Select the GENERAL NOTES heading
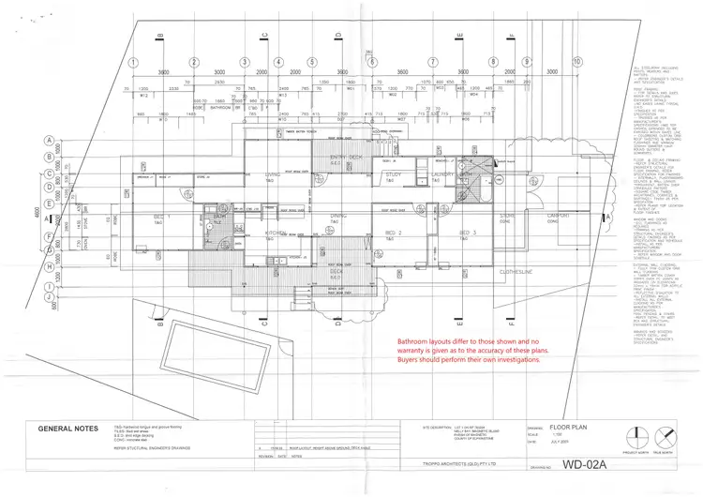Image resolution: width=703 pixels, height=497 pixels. click(x=65, y=429)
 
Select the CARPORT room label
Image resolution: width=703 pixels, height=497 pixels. click(x=560, y=215)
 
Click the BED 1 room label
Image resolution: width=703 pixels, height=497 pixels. click(x=159, y=215)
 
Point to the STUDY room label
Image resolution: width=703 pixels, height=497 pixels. click(x=393, y=174)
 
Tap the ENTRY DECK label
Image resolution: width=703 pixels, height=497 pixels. click(x=338, y=156)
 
